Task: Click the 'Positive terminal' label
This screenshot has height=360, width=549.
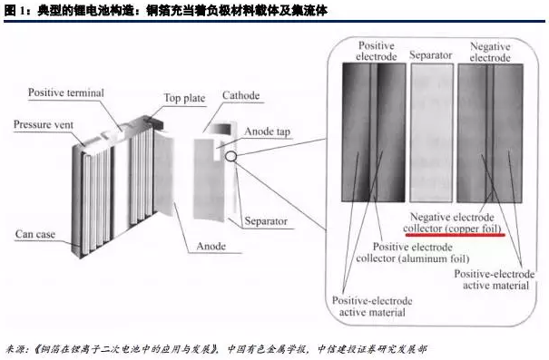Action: click(65, 92)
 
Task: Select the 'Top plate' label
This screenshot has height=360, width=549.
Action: click(184, 98)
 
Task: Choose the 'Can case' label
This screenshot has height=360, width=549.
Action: click(34, 235)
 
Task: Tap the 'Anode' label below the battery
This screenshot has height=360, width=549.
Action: click(213, 246)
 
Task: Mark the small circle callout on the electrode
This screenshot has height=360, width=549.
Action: click(232, 156)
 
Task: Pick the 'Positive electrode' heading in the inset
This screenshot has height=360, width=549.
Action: click(377, 51)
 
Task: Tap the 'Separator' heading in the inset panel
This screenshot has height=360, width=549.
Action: click(431, 56)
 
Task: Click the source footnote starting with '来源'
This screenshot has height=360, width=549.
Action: click(218, 348)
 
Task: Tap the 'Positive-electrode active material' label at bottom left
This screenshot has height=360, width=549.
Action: click(373, 306)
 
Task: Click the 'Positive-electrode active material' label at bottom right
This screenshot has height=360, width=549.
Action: click(493, 279)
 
